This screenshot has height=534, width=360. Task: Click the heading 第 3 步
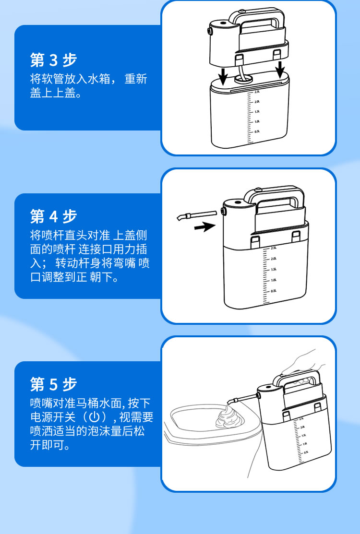pyautogui.click(x=53, y=60)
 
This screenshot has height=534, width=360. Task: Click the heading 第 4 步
pyautogui.click(x=53, y=216)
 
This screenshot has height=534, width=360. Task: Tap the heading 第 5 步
pyautogui.click(x=53, y=384)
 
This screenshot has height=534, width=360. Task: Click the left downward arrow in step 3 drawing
pyautogui.click(x=223, y=76)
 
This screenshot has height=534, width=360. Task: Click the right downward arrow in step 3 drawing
pyautogui.click(x=280, y=70)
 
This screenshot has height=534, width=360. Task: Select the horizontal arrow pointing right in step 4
pyautogui.click(x=204, y=226)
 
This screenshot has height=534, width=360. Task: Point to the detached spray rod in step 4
pyautogui.click(x=196, y=215)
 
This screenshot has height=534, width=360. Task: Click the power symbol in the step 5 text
pyautogui.click(x=95, y=417)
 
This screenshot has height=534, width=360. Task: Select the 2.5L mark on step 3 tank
pyautogui.click(x=257, y=92)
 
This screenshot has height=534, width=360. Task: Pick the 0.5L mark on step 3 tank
pyautogui.click(x=257, y=131)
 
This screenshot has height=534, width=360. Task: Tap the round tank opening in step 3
pyautogui.click(x=243, y=78)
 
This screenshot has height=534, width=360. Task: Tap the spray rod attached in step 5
pyautogui.click(x=242, y=399)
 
